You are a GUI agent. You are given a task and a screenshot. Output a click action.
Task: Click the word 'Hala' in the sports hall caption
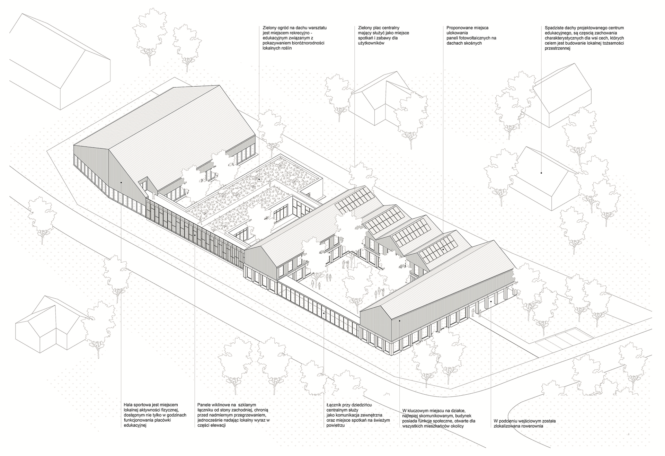click(x=128, y=405)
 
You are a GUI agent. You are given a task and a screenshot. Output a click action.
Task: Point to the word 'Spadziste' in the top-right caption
click(x=553, y=28)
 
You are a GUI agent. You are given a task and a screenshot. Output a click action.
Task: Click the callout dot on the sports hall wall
click(x=121, y=182)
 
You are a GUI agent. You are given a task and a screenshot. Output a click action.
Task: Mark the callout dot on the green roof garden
click(x=259, y=179)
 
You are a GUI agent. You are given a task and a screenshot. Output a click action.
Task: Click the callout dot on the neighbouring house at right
click(x=541, y=172)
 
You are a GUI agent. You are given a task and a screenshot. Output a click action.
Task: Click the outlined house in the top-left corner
click(x=59, y=62)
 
